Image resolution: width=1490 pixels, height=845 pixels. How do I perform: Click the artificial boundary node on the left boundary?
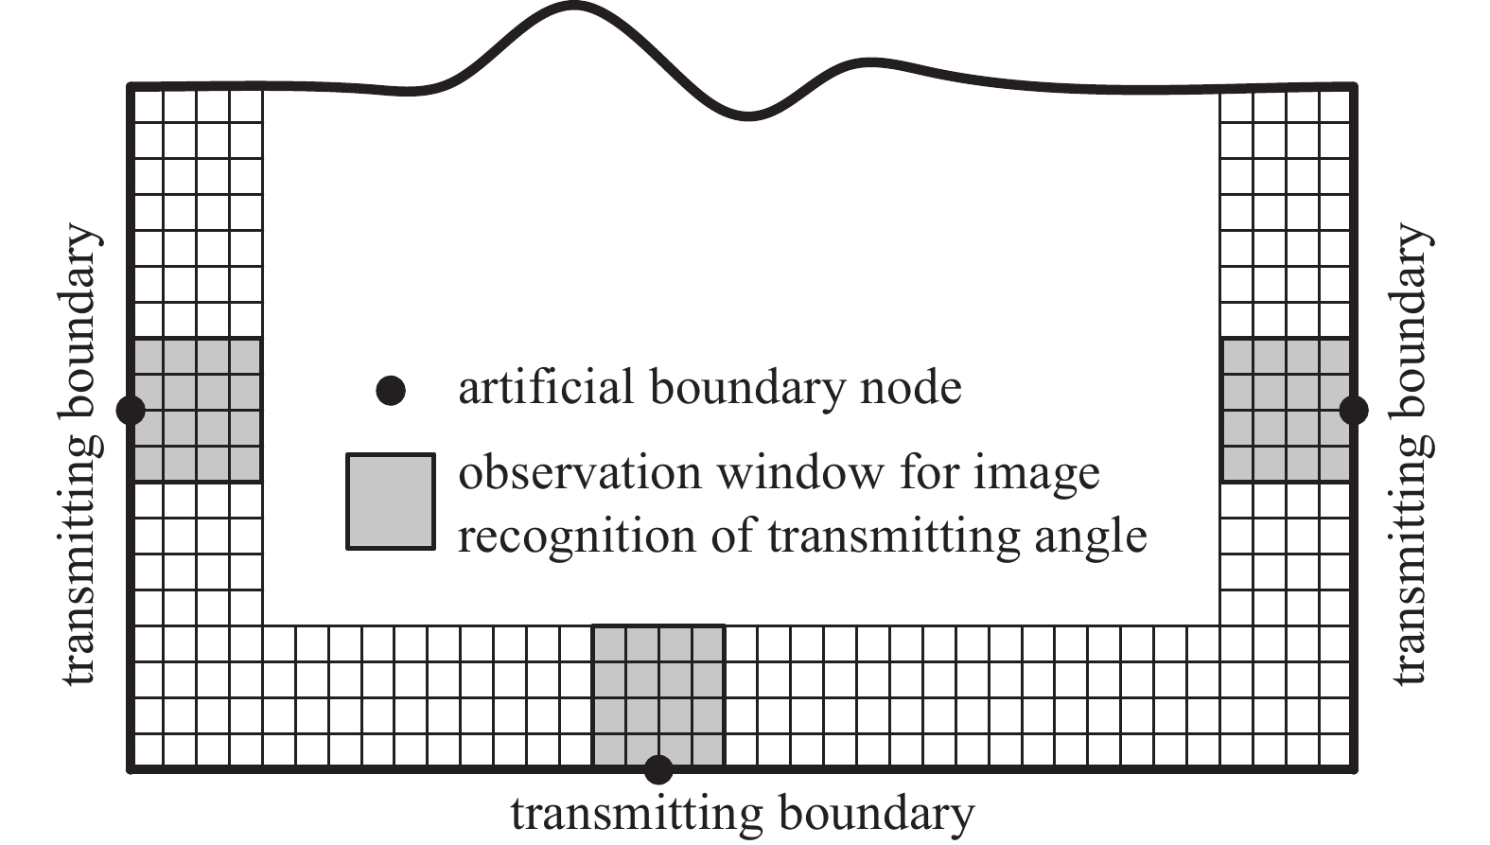(131, 410)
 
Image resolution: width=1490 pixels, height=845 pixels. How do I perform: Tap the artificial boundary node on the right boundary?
(1354, 410)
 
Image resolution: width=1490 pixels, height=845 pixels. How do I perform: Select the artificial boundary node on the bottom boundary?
(658, 769)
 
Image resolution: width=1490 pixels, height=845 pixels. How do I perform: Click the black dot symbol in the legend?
(391, 390)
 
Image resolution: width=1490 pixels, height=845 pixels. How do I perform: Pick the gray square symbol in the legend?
(391, 502)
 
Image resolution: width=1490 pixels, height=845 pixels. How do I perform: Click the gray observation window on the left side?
(197, 410)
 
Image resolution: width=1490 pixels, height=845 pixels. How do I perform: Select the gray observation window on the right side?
(1287, 410)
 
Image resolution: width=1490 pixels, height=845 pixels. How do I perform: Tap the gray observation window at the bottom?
(658, 695)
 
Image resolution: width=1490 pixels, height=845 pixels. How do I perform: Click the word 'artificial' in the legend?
(546, 388)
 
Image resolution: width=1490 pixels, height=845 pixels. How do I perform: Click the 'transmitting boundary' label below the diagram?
(742, 814)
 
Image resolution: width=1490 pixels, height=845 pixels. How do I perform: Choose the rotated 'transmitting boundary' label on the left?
(79, 454)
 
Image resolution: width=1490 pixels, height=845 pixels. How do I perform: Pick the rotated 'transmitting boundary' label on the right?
(1411, 454)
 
